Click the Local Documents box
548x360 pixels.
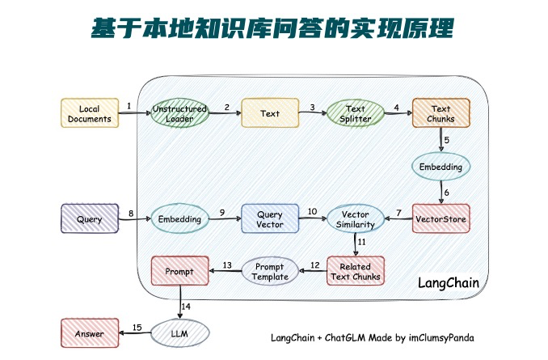pos(90,113)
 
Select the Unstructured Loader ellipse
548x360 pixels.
pos(179,113)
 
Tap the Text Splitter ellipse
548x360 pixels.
pos(356,113)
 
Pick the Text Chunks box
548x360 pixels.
pos(441,113)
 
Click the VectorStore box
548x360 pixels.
pos(441,218)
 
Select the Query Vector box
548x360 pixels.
pos(270,219)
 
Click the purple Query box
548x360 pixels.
pos(89,219)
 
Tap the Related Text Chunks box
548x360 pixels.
pos(355,271)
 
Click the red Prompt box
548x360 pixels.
pos(179,271)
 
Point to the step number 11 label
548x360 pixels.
pos(361,242)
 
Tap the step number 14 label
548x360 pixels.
pos(186,307)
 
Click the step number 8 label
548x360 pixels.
pos(130,213)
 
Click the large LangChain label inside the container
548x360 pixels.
pos(448,283)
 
